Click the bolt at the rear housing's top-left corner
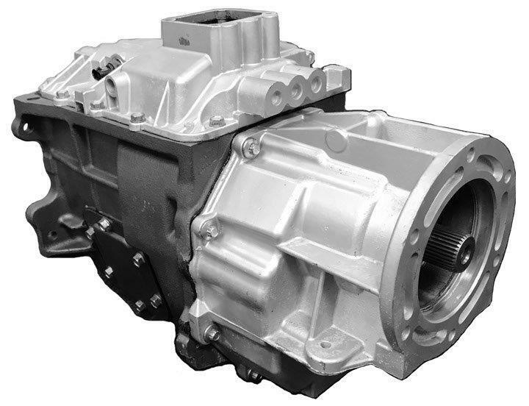pos(253,149)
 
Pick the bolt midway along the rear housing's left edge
pos(211,230)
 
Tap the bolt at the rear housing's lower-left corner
pos(212,334)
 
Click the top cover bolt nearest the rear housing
pos(216,121)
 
